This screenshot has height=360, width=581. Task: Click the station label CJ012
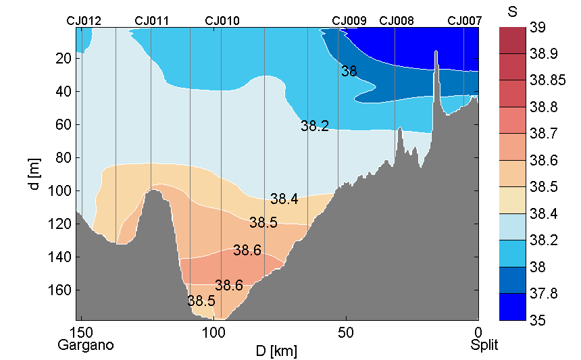(84, 21)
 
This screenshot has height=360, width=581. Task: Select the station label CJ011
(152, 21)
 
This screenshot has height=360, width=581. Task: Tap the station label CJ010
(222, 21)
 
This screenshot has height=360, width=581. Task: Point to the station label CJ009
(349, 21)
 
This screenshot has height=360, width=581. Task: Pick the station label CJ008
(397, 21)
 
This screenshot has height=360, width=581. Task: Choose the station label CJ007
(465, 21)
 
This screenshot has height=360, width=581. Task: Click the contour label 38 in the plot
(349, 71)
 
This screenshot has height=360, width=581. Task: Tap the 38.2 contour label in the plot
(315, 126)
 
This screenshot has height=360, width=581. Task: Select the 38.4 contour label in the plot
(284, 199)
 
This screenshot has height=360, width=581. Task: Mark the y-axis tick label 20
(65, 58)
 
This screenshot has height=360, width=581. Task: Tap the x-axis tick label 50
(346, 333)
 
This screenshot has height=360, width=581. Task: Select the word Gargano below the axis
(85, 346)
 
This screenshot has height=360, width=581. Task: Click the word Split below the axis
(484, 346)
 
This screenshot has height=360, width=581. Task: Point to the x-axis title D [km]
(276, 351)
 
